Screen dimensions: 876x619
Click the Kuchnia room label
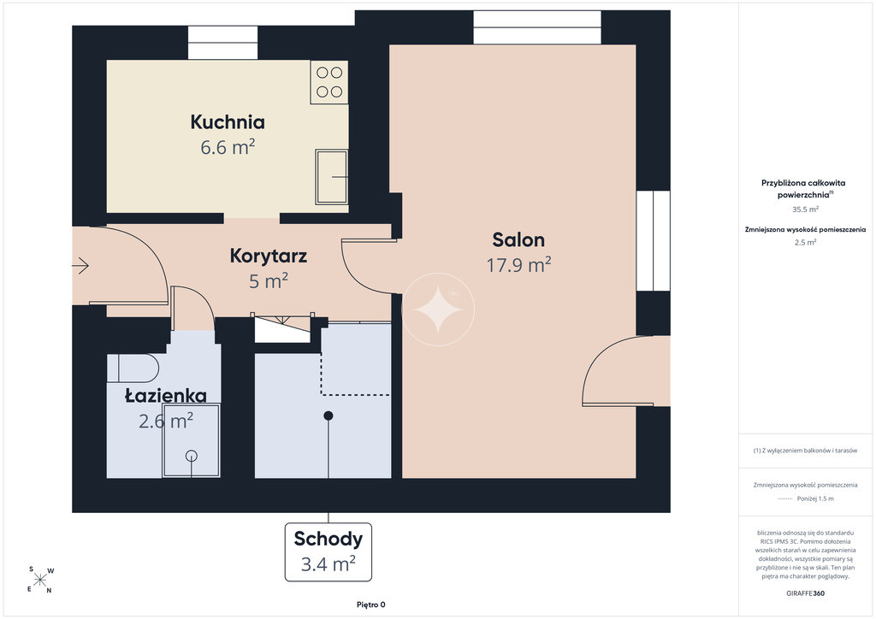pos(228,121)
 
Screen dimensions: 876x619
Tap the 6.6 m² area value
pos(228,147)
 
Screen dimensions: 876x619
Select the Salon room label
pos(518,240)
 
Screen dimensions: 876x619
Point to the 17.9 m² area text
pos(518,264)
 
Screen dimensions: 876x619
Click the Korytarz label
pos(268,256)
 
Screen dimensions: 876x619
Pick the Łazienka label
pos(165,396)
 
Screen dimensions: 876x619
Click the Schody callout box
pos(328,552)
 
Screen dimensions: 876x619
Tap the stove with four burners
pos(329,82)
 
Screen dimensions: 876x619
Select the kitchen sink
pos(331,176)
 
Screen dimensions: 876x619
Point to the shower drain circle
pos(192,456)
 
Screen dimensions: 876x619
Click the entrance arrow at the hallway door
pos(80,266)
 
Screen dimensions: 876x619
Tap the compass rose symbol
pos(40,580)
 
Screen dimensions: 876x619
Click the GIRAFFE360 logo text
pos(805,593)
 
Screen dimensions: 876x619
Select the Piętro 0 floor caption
pos(371,604)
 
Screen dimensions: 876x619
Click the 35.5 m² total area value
pos(805,209)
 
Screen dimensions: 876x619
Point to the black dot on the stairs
pos(328,416)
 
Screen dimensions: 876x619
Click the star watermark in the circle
pos(438,309)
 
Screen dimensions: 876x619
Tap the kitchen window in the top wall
pos(222,43)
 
